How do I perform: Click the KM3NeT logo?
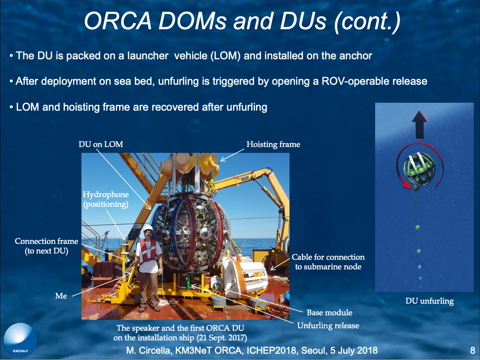pos(20,340)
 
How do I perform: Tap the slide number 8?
pos(472,350)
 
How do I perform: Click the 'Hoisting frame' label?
pos(273,145)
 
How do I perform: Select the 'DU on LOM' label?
pos(101,144)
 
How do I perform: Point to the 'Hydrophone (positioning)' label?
pos(106,199)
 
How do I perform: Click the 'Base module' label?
pos(329,312)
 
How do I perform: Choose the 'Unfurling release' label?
pos(328,325)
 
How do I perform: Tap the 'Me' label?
pos(61,296)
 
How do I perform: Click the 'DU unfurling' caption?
pos(429,301)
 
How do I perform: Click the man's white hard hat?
pos(148,228)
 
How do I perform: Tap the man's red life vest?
pos(148,251)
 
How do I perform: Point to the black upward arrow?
pos(419,125)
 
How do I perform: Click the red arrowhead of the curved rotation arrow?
pos(406,185)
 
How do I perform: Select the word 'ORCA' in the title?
pos(117,21)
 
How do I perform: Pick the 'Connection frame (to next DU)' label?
pos(46,246)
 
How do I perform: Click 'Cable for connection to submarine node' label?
pos(328,262)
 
